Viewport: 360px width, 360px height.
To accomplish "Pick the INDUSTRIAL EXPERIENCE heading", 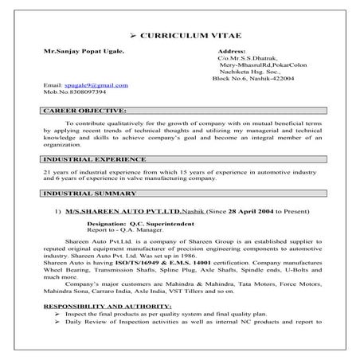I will tap(95, 159).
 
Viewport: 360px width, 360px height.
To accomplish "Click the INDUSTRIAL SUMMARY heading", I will tap(88, 194).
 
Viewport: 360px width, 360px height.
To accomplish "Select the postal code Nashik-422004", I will tap(270, 78).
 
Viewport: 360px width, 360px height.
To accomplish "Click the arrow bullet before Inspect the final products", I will tap(59, 337).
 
